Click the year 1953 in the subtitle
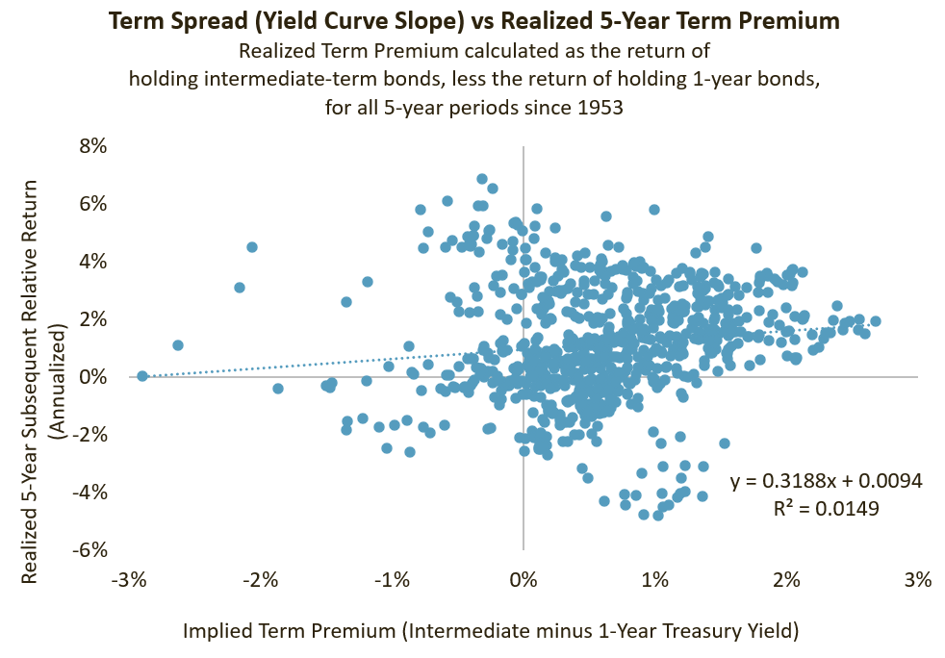click(601, 108)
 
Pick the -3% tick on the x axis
click(129, 580)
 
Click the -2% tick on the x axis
click(261, 580)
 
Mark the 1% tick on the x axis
click(655, 580)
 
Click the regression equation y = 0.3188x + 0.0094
click(826, 480)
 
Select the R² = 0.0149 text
click(826, 508)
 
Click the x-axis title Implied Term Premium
click(491, 630)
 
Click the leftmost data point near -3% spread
click(142, 376)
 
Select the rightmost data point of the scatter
click(875, 321)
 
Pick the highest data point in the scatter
click(482, 179)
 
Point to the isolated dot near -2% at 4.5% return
click(252, 247)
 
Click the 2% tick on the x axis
click(787, 580)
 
